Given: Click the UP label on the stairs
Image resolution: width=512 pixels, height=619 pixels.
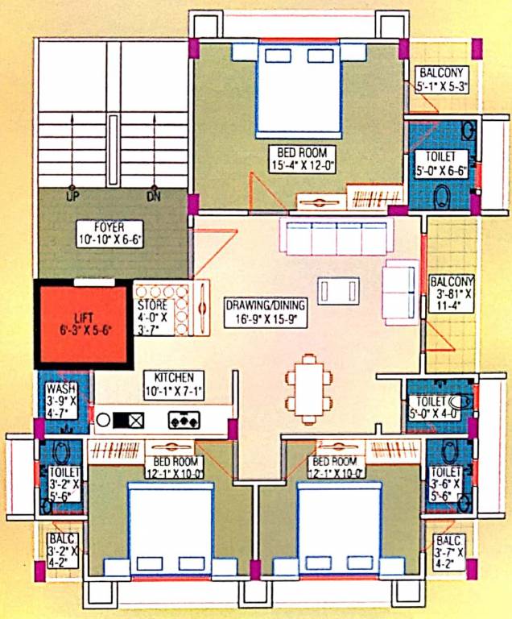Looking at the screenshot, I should click(x=72, y=197).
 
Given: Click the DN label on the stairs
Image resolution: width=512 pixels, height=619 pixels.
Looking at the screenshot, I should click(x=154, y=197).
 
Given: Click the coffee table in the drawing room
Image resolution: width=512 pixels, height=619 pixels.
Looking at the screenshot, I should click(x=339, y=290).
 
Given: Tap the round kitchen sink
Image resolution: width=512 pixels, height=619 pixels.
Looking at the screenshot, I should click(x=104, y=420).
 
